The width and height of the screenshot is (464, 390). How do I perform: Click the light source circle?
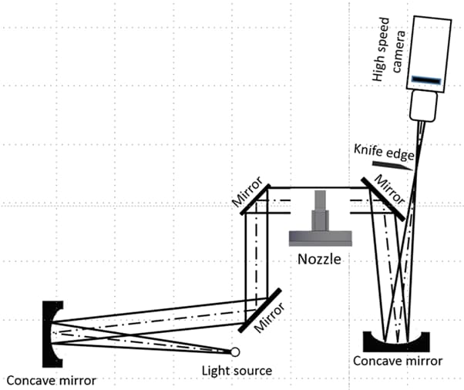pyautogui.click(x=234, y=352)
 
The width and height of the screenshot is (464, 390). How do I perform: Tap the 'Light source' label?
pyautogui.click(x=236, y=371)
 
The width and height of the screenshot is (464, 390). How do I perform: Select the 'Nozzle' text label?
pyautogui.click(x=319, y=258)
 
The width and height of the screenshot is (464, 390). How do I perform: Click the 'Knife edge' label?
pyautogui.click(x=383, y=151)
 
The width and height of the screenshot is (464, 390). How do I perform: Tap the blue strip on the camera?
pyautogui.click(x=426, y=79)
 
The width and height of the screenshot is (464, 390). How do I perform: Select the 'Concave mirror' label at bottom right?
pyautogui.click(x=398, y=361)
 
